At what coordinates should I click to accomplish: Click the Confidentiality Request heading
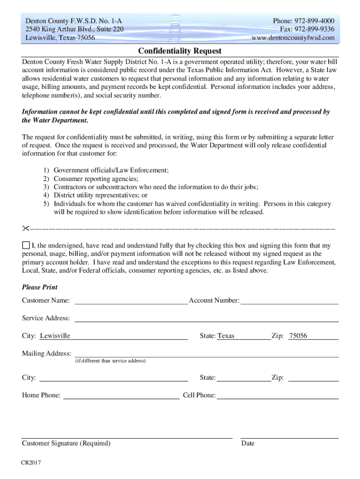tap(180, 51)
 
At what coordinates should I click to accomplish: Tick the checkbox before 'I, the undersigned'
tap(26, 245)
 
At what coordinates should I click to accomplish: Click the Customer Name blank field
tap(131, 301)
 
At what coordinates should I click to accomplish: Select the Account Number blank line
tap(289, 301)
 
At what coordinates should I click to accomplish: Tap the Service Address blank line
tap(206, 319)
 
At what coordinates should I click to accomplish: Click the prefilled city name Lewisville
tap(55, 336)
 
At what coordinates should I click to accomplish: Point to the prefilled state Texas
tap(226, 336)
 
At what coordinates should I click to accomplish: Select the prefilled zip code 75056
tap(298, 336)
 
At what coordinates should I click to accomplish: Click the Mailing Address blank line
tap(206, 354)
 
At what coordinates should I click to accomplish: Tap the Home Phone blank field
tap(121, 396)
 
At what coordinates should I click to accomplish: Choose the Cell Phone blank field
tap(278, 396)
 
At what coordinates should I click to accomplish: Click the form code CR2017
tap(31, 463)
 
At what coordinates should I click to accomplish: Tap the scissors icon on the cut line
tap(25, 228)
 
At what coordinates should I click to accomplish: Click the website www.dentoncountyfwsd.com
tap(293, 38)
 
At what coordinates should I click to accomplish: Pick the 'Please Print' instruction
tap(40, 287)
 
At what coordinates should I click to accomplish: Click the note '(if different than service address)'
tap(110, 361)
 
